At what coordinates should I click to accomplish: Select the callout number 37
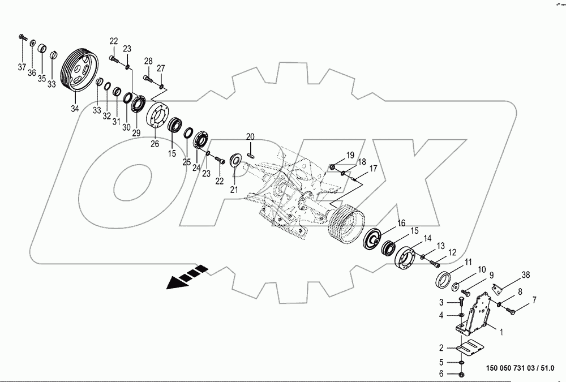click(22, 67)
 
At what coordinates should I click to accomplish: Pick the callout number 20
click(250, 137)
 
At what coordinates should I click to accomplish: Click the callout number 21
click(234, 189)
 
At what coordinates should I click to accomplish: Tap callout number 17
click(373, 168)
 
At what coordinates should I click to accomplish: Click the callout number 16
click(401, 222)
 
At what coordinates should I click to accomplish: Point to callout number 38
click(526, 276)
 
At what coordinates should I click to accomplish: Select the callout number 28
click(148, 61)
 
